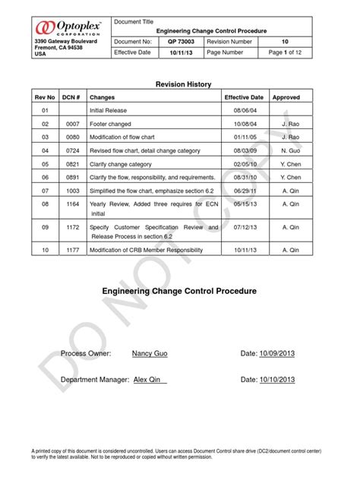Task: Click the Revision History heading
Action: pos(183,84)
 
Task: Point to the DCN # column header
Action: pos(71,98)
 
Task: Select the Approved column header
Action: pos(286,98)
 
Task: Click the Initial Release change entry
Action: pos(107,111)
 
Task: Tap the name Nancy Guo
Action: pos(151,354)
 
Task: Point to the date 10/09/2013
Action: pos(276,354)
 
